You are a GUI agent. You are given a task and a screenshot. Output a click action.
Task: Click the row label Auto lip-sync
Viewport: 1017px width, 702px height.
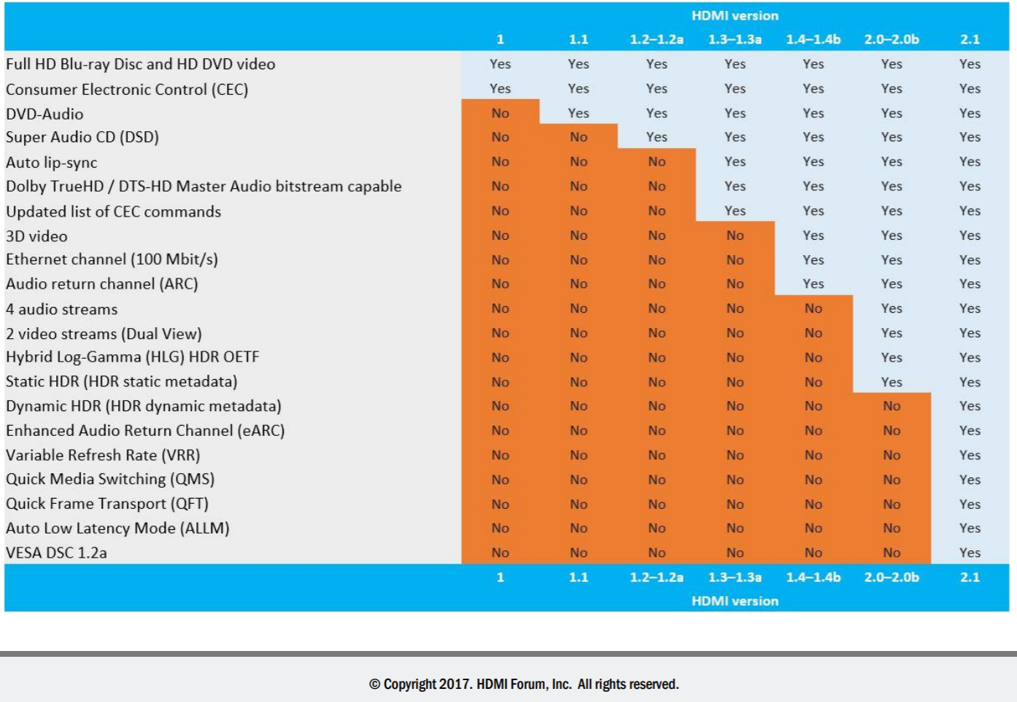pyautogui.click(x=52, y=163)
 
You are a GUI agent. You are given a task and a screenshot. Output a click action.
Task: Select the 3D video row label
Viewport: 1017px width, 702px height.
pyautogui.click(x=36, y=236)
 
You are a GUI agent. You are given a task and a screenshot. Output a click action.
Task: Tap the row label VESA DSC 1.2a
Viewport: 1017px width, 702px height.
pyautogui.click(x=56, y=553)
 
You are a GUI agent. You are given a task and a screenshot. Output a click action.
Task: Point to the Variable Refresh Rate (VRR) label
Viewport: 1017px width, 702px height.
pyautogui.click(x=103, y=455)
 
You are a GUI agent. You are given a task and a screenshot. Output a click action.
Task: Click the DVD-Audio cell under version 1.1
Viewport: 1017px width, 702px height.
pyautogui.click(x=579, y=113)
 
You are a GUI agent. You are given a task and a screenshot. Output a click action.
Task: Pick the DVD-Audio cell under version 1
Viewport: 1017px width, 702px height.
pyautogui.click(x=500, y=113)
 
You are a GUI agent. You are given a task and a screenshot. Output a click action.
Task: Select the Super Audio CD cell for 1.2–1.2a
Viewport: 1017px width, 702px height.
pyautogui.click(x=657, y=137)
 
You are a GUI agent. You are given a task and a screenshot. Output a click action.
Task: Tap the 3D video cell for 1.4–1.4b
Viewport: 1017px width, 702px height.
pyautogui.click(x=813, y=235)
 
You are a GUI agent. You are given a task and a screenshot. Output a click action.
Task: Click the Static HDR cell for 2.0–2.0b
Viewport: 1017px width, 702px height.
pyautogui.click(x=892, y=382)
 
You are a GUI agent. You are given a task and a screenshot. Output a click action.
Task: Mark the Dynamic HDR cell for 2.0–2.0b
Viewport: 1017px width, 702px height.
pyautogui.click(x=892, y=406)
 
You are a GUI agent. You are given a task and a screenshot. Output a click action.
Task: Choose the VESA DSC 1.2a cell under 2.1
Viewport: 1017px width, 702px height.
pyautogui.click(x=970, y=553)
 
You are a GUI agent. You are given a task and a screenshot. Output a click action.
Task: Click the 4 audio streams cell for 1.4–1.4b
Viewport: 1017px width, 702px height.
pyautogui.click(x=813, y=308)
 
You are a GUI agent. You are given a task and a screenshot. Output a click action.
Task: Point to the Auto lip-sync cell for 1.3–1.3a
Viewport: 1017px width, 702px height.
pyautogui.click(x=735, y=162)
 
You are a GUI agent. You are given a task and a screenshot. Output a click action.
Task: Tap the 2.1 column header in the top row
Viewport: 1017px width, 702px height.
pyautogui.click(x=970, y=39)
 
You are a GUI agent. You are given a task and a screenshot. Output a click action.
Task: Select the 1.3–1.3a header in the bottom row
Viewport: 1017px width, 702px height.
pyautogui.click(x=735, y=577)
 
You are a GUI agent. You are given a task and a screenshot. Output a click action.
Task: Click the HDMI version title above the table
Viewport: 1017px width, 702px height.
pyautogui.click(x=735, y=15)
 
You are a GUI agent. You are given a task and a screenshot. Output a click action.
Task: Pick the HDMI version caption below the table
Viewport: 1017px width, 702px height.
pyautogui.click(x=735, y=601)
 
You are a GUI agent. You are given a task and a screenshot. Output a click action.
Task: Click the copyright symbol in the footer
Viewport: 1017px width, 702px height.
pyautogui.click(x=375, y=685)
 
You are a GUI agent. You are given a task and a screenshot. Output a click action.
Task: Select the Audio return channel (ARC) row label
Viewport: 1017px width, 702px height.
pyautogui.click(x=102, y=284)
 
